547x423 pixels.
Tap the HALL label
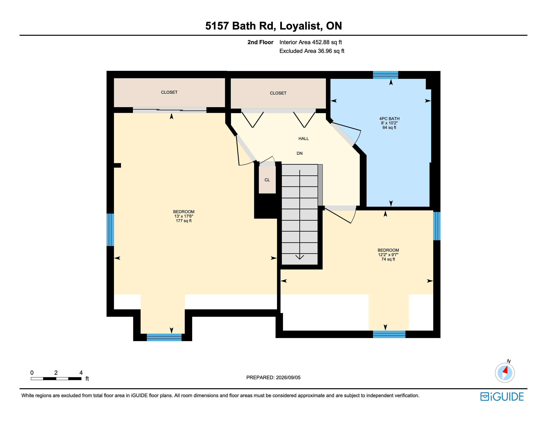click(304, 138)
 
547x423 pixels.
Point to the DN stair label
click(300, 153)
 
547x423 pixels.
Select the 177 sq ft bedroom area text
click(184, 221)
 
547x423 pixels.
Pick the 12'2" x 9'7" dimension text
click(388, 255)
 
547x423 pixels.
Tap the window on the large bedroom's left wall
click(110, 230)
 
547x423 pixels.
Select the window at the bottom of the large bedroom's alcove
click(164, 337)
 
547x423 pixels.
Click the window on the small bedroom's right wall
click(437, 226)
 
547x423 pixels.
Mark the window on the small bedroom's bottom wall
click(389, 334)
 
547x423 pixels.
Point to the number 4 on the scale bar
click(81, 373)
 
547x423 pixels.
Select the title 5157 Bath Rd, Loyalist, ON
click(273, 26)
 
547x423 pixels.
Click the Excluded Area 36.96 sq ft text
click(312, 51)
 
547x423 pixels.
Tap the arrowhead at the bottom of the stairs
click(300, 257)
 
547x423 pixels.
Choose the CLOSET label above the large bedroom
click(169, 92)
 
